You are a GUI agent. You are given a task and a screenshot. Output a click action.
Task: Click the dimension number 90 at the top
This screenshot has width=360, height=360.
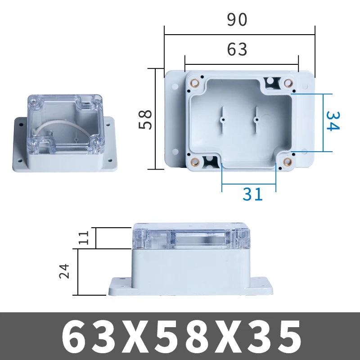tap(237, 20)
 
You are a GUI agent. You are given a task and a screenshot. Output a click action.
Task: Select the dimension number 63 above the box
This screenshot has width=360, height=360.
tap(237, 49)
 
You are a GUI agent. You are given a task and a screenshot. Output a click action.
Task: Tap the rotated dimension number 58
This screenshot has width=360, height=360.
tap(145, 119)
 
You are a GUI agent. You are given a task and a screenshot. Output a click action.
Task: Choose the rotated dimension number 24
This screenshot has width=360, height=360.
tap(65, 271)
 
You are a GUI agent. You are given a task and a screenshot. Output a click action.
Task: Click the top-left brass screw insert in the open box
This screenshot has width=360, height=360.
tap(195, 83)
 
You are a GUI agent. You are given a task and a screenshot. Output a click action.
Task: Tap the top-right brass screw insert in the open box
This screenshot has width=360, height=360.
tap(288, 82)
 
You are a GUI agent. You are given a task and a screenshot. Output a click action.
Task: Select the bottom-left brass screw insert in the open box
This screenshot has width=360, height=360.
tap(195, 162)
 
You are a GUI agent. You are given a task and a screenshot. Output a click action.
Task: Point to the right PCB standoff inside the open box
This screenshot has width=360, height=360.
tap(256, 119)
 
